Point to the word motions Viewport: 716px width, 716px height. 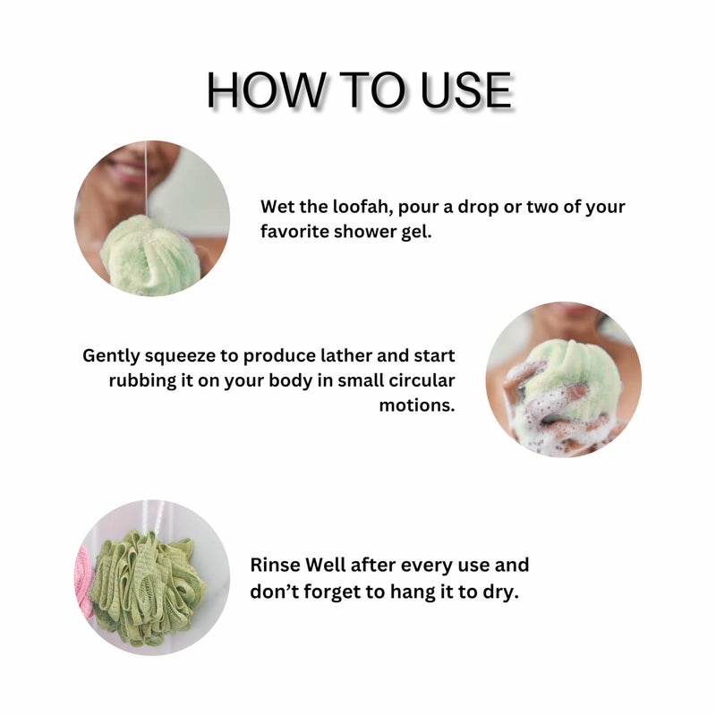point(417,405)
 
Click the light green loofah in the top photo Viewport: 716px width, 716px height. point(149,255)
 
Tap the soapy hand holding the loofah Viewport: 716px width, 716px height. point(537,403)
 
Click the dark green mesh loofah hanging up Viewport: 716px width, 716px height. point(148,586)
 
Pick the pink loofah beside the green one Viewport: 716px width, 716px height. point(84,582)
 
